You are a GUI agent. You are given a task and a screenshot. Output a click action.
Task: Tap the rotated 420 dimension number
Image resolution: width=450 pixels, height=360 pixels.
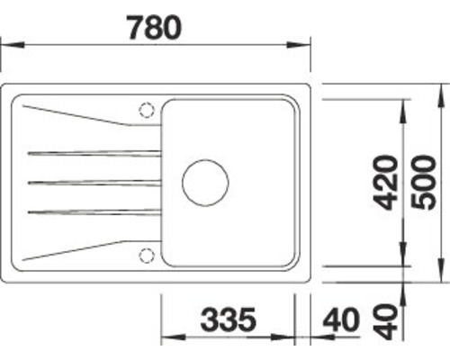click(386, 184)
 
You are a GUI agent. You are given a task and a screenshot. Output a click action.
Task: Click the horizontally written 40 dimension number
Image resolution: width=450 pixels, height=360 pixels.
click(339, 319)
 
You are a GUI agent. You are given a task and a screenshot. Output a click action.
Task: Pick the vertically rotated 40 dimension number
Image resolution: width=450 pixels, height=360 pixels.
click(386, 321)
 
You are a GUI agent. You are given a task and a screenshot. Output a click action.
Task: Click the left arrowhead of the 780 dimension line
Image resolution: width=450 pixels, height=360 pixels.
click(7, 41)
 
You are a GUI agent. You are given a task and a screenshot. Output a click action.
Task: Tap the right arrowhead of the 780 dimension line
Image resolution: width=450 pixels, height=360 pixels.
click(304, 41)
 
